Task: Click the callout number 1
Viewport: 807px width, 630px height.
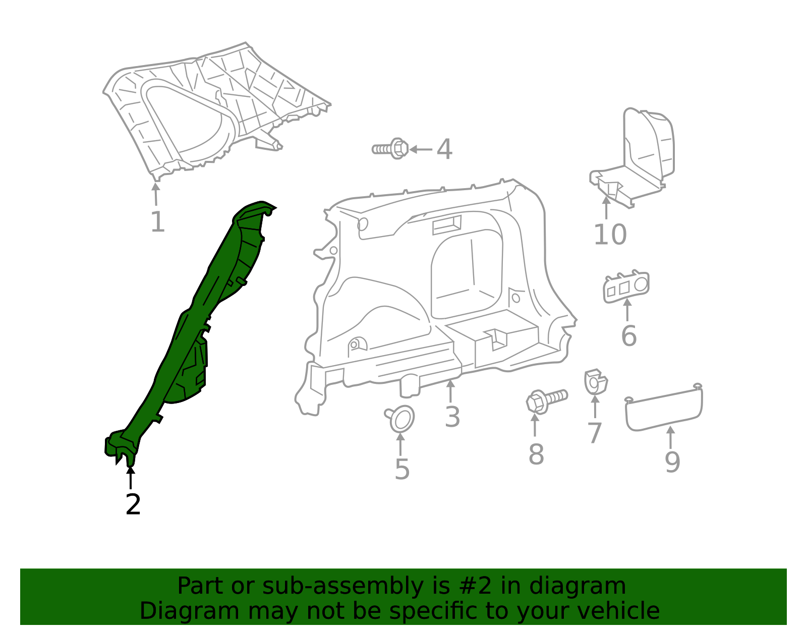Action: [x=157, y=222]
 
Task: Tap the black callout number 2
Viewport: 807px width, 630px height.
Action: [x=133, y=504]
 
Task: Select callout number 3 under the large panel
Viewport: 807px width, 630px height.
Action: [x=452, y=417]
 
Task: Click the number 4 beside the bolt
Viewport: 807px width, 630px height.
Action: [x=444, y=150]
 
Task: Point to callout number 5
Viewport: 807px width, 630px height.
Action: [x=401, y=470]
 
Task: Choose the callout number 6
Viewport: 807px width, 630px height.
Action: [x=628, y=336]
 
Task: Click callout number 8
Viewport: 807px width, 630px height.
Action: [x=536, y=454]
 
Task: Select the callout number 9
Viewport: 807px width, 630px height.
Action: [x=672, y=462]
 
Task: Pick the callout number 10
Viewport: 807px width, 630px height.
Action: [x=610, y=235]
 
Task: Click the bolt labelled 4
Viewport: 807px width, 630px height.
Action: [x=391, y=149]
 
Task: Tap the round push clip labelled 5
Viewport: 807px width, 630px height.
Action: [x=401, y=419]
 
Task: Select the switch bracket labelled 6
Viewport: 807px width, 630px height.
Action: [x=626, y=287]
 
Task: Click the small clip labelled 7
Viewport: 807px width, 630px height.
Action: [x=595, y=382]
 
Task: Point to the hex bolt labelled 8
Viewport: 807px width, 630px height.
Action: [x=546, y=400]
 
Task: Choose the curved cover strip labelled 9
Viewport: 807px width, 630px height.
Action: [x=663, y=409]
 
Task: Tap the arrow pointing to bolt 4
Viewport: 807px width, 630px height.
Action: [x=421, y=149]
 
